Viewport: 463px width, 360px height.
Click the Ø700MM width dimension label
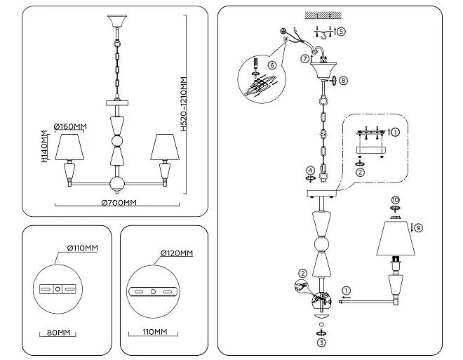pos(119,203)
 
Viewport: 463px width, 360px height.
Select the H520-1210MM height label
pos(184,105)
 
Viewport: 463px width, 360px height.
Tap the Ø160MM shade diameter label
pos(70,127)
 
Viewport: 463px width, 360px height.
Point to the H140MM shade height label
pos(44,147)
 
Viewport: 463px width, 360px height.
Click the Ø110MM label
pos(82,248)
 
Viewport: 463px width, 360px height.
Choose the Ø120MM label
pos(177,253)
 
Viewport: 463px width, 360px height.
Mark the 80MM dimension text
pos(59,333)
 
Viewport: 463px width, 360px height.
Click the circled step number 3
pos(321,342)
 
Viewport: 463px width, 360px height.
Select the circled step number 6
pos(272,65)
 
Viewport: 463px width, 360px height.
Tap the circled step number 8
pos(343,80)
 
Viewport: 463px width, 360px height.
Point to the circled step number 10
pos(395,200)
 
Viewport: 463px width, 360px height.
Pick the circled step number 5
pos(341,32)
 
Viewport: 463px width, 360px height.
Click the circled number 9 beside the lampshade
pos(418,227)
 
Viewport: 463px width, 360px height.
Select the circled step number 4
pos(310,171)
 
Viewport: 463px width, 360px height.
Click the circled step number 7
pos(305,59)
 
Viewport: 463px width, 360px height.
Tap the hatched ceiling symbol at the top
pos(323,15)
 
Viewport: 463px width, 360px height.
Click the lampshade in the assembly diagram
pos(396,238)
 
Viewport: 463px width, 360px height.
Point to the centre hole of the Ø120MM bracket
pos(153,292)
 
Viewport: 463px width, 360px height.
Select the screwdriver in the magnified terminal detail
pos(256,64)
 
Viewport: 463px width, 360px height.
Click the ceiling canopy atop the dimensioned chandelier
pos(117,21)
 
